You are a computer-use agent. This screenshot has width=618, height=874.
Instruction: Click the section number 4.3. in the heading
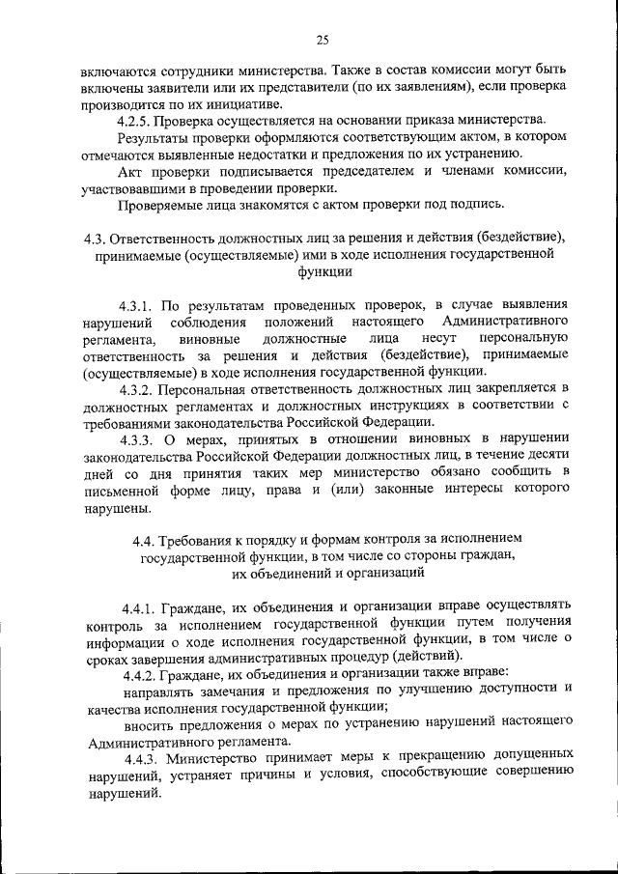pyautogui.click(x=95, y=238)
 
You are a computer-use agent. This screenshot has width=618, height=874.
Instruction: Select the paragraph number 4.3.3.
pyautogui.click(x=140, y=439)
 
